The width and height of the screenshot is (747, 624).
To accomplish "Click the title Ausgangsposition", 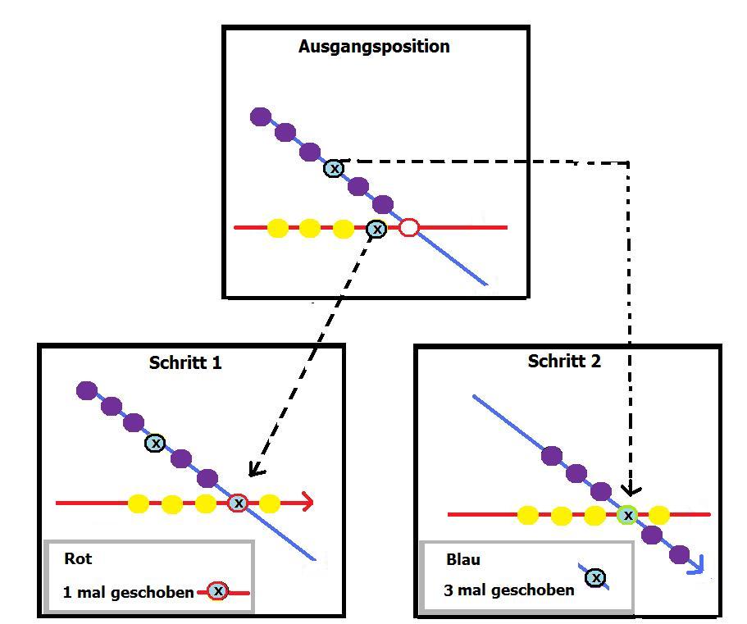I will point(374,47).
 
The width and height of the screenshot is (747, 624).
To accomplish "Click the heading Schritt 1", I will point(185,362).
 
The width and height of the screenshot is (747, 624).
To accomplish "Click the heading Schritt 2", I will point(564,362).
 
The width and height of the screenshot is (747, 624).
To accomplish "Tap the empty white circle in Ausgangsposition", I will point(409,228).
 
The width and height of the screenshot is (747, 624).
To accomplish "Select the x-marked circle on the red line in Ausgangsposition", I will point(376,230).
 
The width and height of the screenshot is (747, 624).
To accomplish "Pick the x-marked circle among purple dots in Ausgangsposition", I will point(334,168).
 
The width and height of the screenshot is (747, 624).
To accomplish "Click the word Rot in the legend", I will point(78,559).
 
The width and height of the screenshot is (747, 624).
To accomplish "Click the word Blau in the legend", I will point(463,560).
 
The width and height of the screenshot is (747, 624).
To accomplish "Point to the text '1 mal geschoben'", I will point(128,592).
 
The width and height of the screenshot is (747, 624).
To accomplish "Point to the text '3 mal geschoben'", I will point(508,590).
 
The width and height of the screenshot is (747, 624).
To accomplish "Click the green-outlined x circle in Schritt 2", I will point(628,515).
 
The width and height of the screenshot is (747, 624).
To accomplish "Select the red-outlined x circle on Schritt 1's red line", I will point(238,503).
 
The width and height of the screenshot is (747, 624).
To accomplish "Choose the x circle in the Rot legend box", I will point(217,590).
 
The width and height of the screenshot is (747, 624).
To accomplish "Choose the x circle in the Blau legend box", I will point(596,578).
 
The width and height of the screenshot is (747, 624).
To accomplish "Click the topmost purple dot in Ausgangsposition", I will point(261,116).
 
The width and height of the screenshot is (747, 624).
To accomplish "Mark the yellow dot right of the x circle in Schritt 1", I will point(270,503).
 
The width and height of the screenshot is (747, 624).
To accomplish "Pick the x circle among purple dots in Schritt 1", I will point(155,443).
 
